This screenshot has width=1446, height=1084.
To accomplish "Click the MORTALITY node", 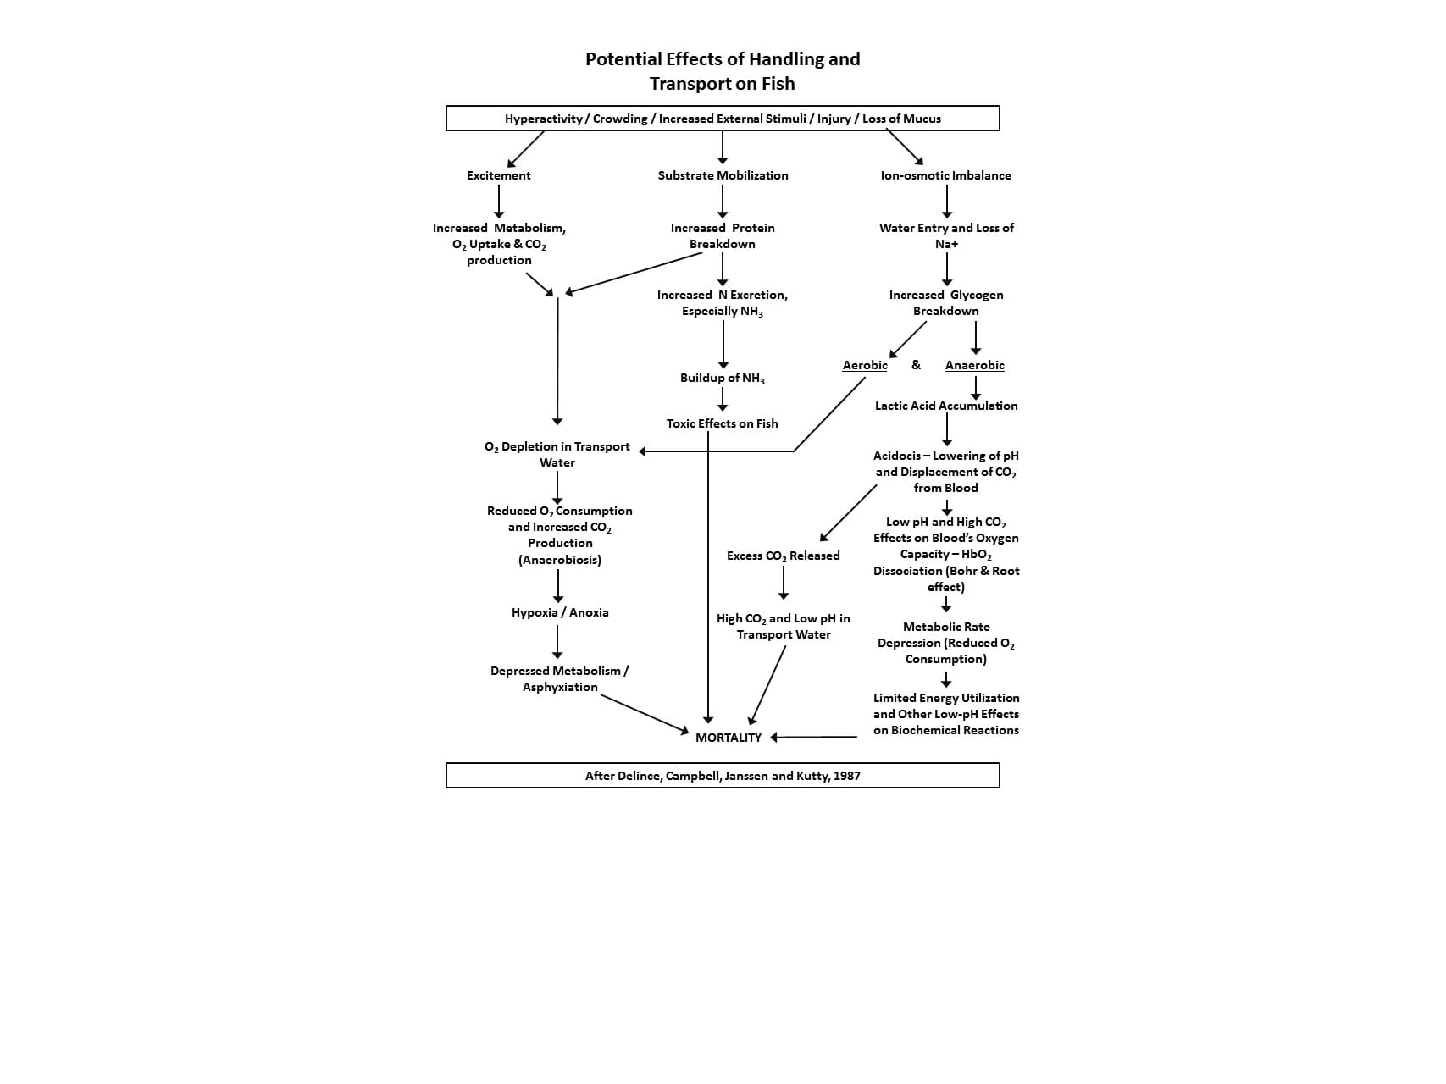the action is (x=729, y=738).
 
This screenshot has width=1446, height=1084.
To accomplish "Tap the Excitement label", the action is (x=499, y=175).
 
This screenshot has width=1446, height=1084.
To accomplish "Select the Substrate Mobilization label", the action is (x=723, y=175).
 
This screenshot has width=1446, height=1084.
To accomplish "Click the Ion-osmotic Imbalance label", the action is (x=946, y=175).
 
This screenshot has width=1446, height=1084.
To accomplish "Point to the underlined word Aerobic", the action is (x=865, y=365).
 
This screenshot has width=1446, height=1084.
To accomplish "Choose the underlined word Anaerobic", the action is (x=975, y=365).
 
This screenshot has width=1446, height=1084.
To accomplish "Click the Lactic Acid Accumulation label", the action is (x=946, y=406).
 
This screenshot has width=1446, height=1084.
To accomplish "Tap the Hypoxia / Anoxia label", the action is (x=560, y=612).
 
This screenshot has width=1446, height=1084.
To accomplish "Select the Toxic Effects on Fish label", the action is (x=722, y=423).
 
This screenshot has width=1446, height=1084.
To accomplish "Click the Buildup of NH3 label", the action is (x=723, y=379).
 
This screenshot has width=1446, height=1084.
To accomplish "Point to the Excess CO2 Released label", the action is (x=784, y=556).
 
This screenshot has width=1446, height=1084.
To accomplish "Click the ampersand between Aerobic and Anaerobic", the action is (x=916, y=365).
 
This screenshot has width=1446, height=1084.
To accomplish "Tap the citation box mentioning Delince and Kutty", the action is (x=723, y=775).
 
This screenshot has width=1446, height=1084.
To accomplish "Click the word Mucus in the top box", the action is (x=922, y=119).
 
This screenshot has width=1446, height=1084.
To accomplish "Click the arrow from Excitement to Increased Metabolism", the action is (x=499, y=202).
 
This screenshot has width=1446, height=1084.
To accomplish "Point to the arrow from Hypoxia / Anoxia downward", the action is (x=557, y=641).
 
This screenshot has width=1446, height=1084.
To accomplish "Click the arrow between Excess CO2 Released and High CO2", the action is (x=784, y=583).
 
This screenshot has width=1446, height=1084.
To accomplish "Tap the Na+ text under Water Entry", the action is (x=946, y=244).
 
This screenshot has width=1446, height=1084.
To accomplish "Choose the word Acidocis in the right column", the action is (x=897, y=456).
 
